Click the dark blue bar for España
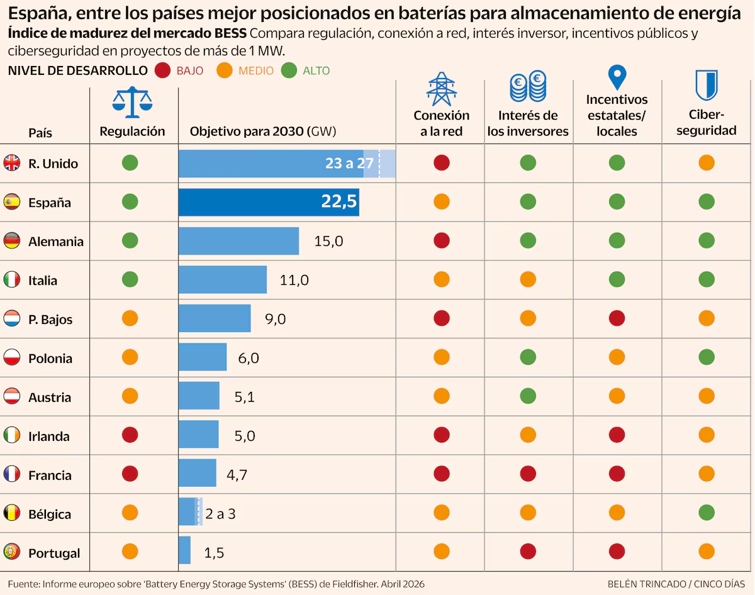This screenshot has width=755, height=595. [x=269, y=202]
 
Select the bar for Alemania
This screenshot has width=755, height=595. [x=238, y=241]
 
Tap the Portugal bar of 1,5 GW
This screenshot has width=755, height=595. [x=184, y=550]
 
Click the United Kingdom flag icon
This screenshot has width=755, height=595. [x=11, y=163]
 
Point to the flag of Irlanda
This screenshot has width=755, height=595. [x=11, y=435]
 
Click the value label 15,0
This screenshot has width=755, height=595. [x=328, y=242]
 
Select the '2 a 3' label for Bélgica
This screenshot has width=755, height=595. [x=220, y=514]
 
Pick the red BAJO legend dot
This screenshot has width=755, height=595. [x=162, y=70]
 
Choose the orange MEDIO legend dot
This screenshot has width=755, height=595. [x=225, y=70]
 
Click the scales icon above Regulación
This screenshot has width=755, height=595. [x=132, y=102]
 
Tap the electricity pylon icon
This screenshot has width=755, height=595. [x=441, y=89]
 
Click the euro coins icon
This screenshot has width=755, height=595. [x=528, y=86]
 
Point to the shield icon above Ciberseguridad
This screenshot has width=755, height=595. [x=706, y=85]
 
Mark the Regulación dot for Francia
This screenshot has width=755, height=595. [x=130, y=474]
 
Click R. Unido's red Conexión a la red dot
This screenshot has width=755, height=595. [x=441, y=163]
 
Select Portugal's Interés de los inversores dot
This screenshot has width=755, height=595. [x=528, y=552]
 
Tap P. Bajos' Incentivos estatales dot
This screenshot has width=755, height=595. [x=617, y=318]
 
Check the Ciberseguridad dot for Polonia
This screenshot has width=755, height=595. [x=706, y=357]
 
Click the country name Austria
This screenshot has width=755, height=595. [x=50, y=398]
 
